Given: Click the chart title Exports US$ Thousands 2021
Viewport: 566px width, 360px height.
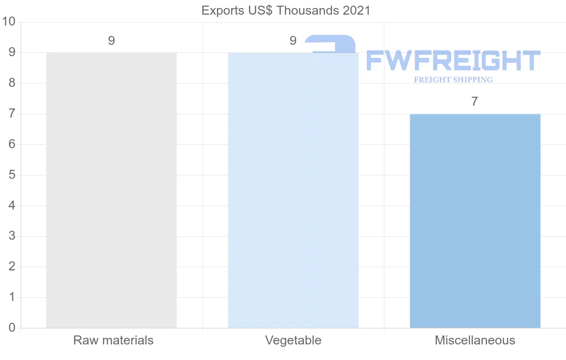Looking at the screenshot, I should (x=286, y=10).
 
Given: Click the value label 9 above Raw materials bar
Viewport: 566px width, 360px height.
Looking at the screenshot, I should (x=111, y=41).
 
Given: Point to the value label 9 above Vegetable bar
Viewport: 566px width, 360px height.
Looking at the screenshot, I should (x=293, y=41).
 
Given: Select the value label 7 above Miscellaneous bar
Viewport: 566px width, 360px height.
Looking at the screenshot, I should (x=475, y=102).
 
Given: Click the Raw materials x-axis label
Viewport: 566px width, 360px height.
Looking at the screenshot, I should (x=113, y=340).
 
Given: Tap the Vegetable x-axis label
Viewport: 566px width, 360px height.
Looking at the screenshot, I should (x=293, y=340).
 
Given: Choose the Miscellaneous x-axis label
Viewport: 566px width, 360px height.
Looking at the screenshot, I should (x=475, y=340).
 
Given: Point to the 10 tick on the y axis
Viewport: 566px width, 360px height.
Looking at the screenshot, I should (x=9, y=22).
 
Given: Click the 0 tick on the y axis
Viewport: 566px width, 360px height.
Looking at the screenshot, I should (x=12, y=328).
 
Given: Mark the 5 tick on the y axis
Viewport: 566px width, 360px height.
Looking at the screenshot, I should (x=12, y=175).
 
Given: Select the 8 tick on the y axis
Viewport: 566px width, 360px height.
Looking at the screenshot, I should (x=12, y=83).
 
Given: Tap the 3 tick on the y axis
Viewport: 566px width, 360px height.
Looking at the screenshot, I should (x=12, y=236).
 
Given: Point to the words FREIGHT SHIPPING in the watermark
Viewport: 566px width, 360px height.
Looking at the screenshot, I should (x=453, y=80).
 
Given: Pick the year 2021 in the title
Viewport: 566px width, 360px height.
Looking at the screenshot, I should (x=357, y=10).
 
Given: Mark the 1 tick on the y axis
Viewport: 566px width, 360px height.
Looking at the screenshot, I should (x=12, y=297).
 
